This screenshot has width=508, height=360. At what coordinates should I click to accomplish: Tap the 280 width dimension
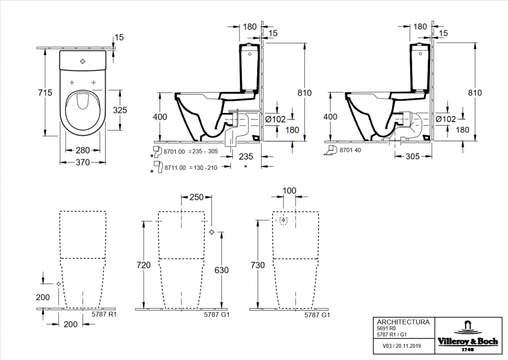coord(83,151)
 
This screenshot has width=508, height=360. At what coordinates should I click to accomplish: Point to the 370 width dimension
coord(83,163)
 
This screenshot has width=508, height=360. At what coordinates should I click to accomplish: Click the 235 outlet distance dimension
coord(246,157)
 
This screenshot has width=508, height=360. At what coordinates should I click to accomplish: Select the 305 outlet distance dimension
coord(412,157)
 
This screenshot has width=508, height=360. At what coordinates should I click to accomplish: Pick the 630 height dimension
coord(221,271)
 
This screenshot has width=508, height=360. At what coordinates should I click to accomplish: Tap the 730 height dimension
coord(258,265)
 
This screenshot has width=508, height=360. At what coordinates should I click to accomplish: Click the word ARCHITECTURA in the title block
coord(403,322)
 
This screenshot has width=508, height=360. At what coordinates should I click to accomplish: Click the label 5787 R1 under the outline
coord(104,315)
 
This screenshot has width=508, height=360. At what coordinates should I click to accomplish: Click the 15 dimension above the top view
coord(119,37)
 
